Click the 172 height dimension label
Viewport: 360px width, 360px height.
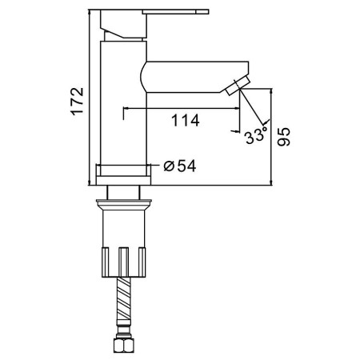tap(78, 101)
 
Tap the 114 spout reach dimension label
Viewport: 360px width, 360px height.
tap(185, 120)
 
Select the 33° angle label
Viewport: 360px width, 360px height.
tap(255, 136)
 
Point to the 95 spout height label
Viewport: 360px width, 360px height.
tap(283, 137)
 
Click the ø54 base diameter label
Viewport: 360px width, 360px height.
tap(180, 166)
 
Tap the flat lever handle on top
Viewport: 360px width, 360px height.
tap(175, 12)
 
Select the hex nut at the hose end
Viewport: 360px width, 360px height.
tap(123, 346)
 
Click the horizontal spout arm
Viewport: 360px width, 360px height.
tap(194, 77)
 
